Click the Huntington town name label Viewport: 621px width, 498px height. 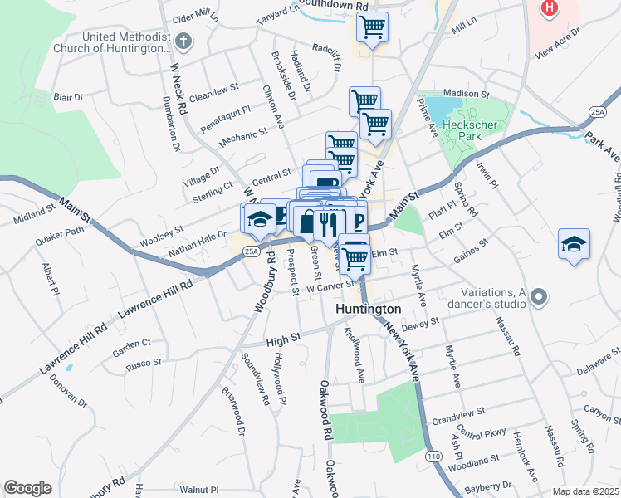(x=369, y=309)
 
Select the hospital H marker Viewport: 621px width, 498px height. (x=549, y=8)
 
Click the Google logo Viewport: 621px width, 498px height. (x=27, y=488)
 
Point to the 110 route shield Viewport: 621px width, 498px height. (x=433, y=457)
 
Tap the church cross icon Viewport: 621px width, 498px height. (x=183, y=41)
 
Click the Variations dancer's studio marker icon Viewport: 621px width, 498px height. (x=540, y=295)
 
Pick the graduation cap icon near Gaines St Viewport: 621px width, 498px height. (x=574, y=244)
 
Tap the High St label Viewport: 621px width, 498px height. (x=283, y=339)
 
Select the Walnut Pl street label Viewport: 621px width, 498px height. (x=198, y=490)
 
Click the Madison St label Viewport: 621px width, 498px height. (x=467, y=95)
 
